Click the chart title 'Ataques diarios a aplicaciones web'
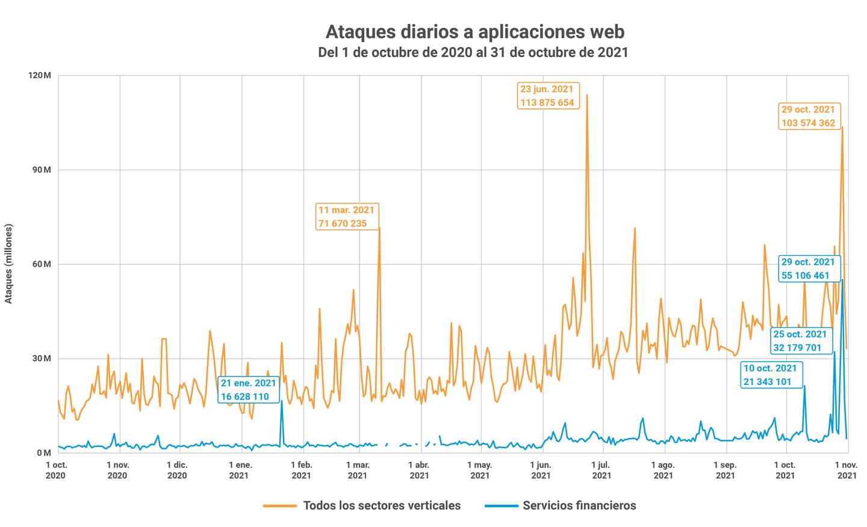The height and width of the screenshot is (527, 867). click(474, 31)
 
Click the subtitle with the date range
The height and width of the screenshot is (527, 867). click(473, 52)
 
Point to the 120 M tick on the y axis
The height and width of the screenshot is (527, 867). click(39, 76)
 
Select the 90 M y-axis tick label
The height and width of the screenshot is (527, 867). click(40, 170)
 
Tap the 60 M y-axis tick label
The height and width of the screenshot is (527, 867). click(40, 265)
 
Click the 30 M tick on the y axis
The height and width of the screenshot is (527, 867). click(40, 359)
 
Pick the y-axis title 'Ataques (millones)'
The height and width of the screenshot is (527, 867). click(8, 264)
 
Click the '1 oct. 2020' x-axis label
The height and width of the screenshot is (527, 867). click(57, 470)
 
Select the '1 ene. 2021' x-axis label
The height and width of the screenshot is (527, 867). click(240, 470)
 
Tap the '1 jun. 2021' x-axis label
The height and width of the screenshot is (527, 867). click(541, 470)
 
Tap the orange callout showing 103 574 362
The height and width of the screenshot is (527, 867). click(809, 116)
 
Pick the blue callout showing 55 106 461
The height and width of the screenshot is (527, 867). click(808, 269)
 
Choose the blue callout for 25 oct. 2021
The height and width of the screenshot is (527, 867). click(800, 341)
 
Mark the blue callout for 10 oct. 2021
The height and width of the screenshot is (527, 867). click(770, 375)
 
